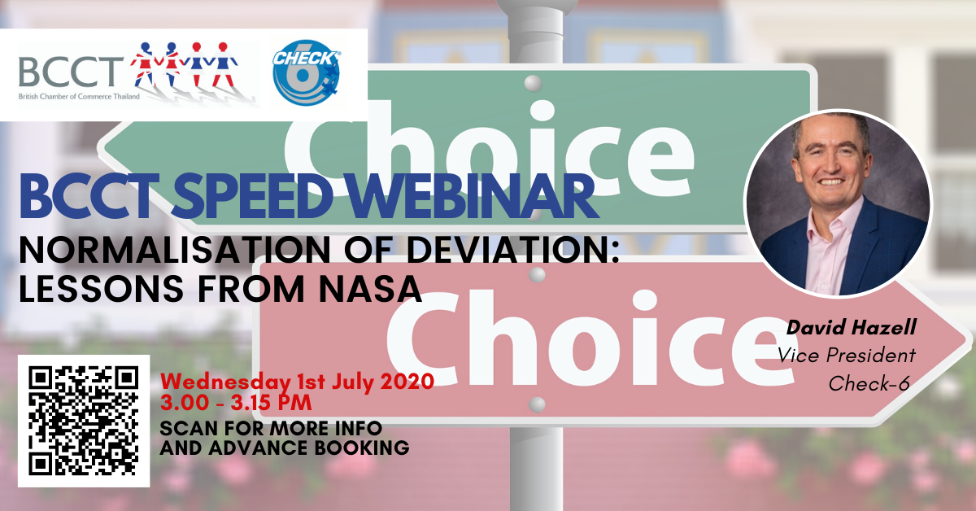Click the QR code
pyautogui.click(x=84, y=421)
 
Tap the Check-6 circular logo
pyautogui.click(x=307, y=72)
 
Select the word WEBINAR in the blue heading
pyautogui.click(x=473, y=196)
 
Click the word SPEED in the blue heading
pyautogui.click(x=251, y=196)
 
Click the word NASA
pyautogui.click(x=370, y=289)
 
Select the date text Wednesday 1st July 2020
pyautogui.click(x=297, y=382)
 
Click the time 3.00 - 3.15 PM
pyautogui.click(x=236, y=403)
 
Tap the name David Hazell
pyautogui.click(x=852, y=328)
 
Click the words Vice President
pyautogui.click(x=847, y=356)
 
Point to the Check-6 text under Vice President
pyautogui.click(x=869, y=384)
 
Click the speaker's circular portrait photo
pyautogui.click(x=838, y=203)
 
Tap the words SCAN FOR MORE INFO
pyautogui.click(x=271, y=429)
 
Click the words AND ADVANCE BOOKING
pyautogui.click(x=285, y=448)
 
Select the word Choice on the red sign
pyautogui.click(x=593, y=338)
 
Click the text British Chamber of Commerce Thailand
pyautogui.click(x=79, y=96)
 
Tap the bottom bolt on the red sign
pyautogui.click(x=537, y=404)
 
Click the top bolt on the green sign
pyautogui.click(x=533, y=83)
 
